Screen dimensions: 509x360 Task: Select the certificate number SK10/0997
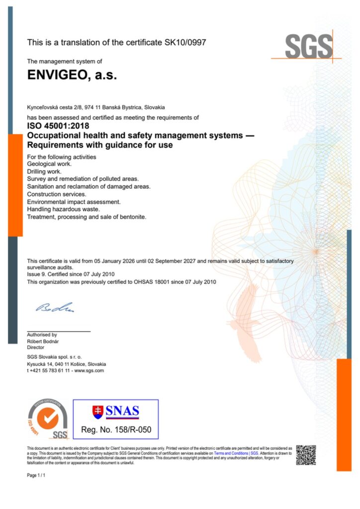[x=185, y=43]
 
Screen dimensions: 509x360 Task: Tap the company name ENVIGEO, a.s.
[x=72, y=76]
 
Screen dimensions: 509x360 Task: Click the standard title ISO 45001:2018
[x=58, y=126]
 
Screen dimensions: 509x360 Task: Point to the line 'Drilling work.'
[x=44, y=171]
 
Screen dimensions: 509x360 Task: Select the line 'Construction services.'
[x=57, y=194]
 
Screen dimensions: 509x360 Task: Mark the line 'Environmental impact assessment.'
[x=73, y=202]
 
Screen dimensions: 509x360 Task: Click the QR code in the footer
[x=306, y=455]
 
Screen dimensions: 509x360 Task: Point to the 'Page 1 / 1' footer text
[x=36, y=476]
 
